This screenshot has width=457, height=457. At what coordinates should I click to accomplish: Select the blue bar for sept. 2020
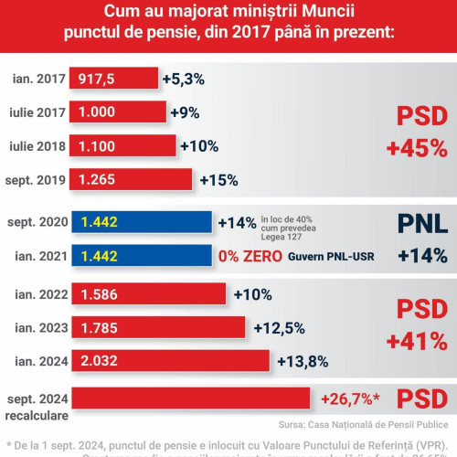[x=143, y=222]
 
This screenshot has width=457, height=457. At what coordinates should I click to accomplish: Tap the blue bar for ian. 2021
[x=143, y=257]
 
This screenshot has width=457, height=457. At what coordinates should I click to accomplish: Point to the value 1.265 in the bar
[x=98, y=178]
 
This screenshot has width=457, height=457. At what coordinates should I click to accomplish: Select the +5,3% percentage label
[x=182, y=79]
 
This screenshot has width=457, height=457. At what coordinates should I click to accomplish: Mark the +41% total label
[x=418, y=342]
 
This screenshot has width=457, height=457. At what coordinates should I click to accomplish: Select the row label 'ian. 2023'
[x=38, y=326]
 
